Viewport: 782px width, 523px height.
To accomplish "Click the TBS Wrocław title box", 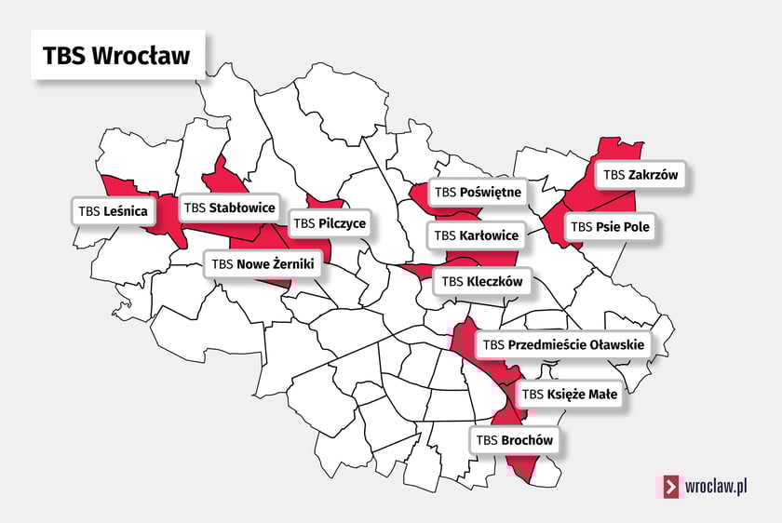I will tap(117, 55).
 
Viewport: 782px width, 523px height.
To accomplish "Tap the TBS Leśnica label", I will tap(114, 211).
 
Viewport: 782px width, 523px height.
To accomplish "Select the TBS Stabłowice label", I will tap(229, 207).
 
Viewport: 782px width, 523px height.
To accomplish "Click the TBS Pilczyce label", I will tap(330, 223).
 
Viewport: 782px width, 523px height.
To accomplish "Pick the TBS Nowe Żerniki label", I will tap(264, 264).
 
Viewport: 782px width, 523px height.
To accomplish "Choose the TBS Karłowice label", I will tap(476, 235).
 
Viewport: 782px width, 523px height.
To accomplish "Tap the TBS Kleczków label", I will tap(482, 281).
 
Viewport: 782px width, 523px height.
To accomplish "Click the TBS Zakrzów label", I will tap(641, 174).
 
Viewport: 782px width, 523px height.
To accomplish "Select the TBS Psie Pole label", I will tap(611, 226).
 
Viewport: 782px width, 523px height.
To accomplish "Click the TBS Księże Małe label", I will tap(569, 395).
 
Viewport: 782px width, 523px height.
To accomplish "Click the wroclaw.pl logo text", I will tap(717, 486).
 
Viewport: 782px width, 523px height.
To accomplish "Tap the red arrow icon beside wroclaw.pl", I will tap(670, 487).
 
